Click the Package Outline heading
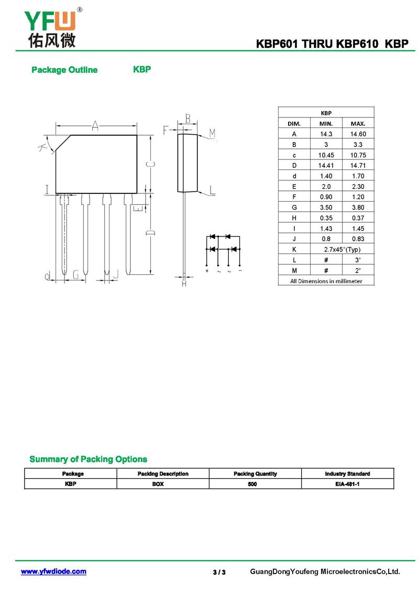pyautogui.click(x=64, y=70)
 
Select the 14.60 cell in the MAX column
pyautogui.click(x=358, y=134)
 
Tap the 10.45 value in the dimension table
pyautogui.click(x=326, y=155)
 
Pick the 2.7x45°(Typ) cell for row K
pyautogui.click(x=342, y=249)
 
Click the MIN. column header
pyautogui.click(x=326, y=124)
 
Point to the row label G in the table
pyautogui.click(x=294, y=207)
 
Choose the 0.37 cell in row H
pyautogui.click(x=358, y=218)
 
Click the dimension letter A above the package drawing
pyautogui.click(x=95, y=125)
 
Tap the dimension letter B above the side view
pyautogui.click(x=188, y=118)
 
